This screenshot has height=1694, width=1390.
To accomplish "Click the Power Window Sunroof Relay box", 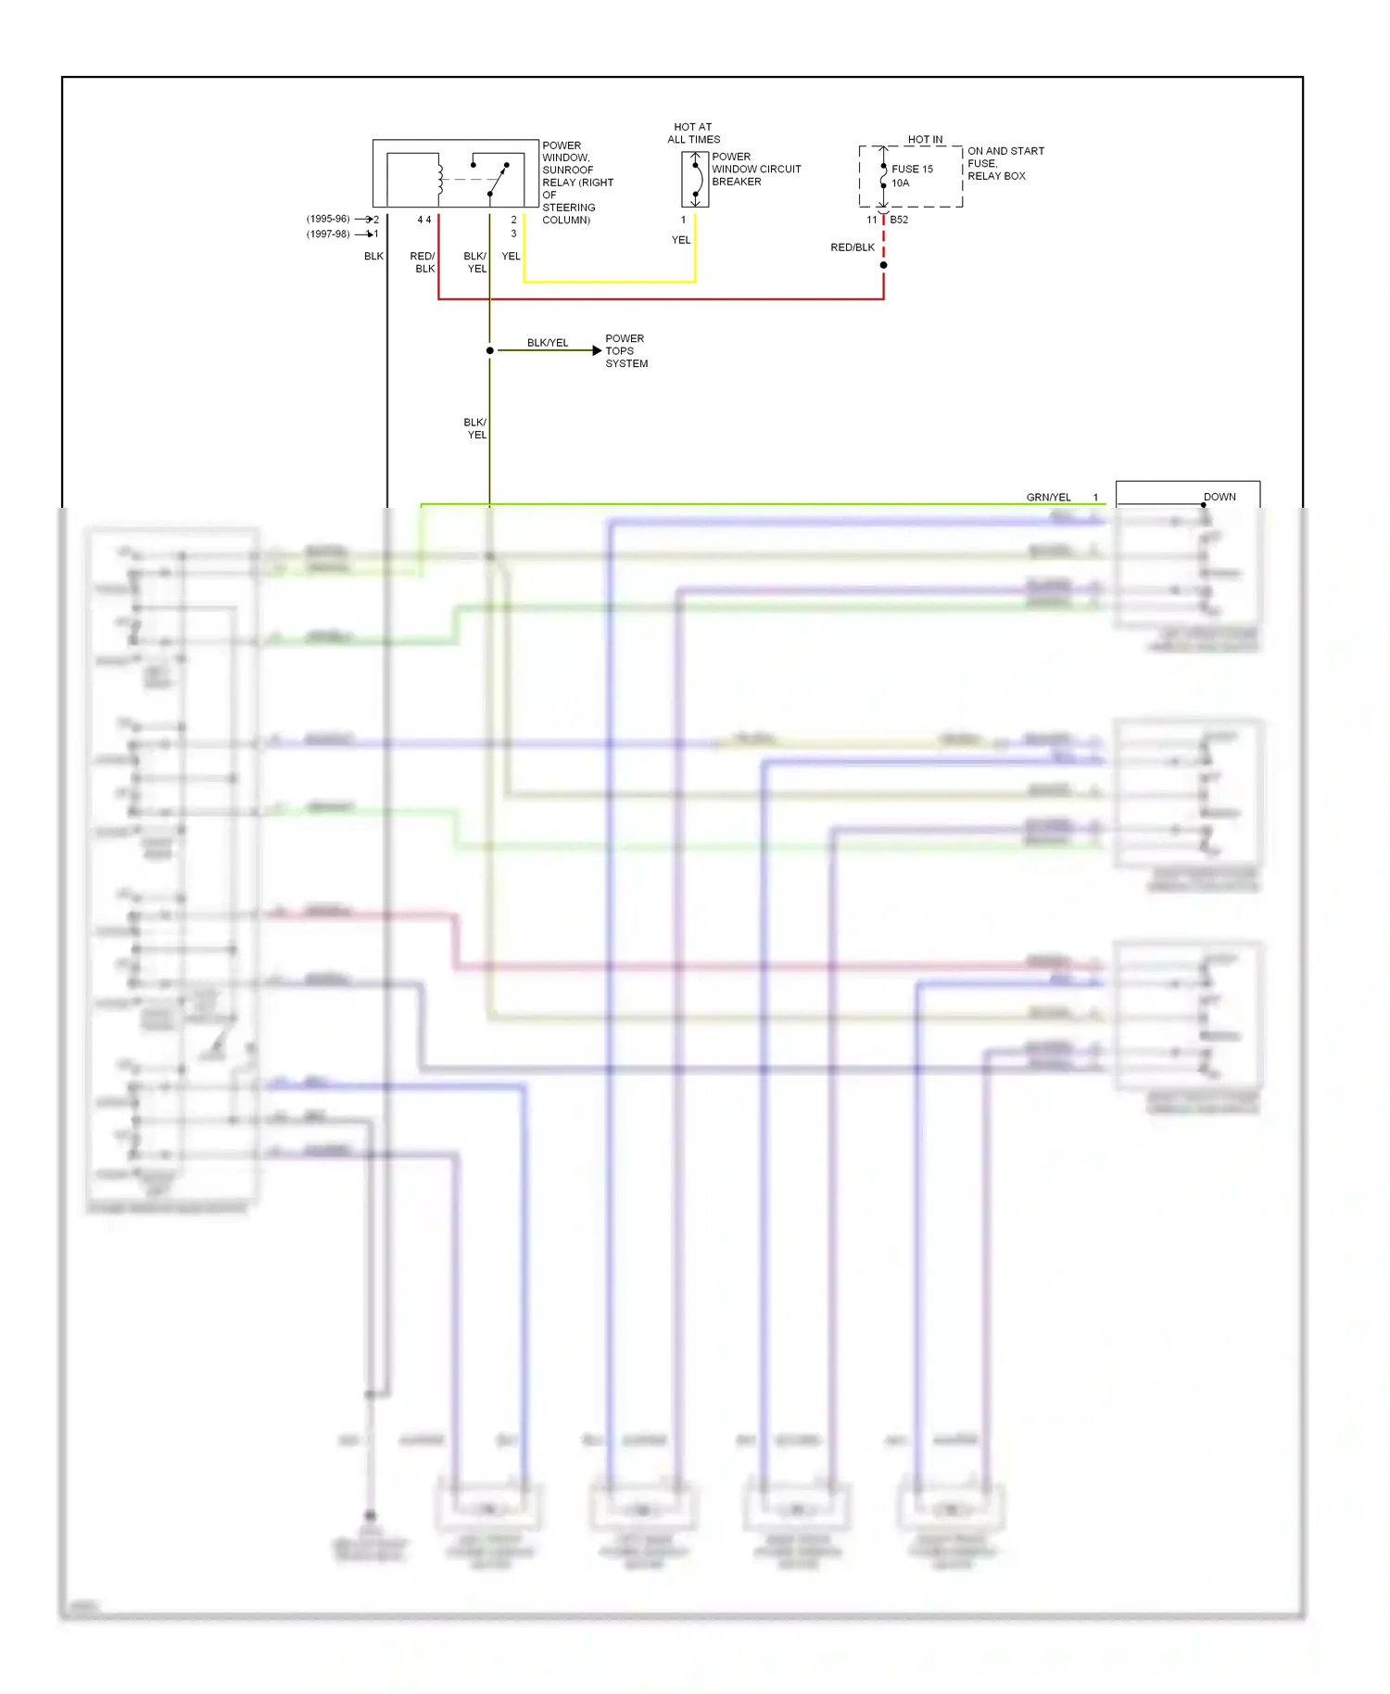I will click(x=455, y=173).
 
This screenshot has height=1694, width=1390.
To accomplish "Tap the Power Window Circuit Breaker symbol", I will click(x=695, y=180).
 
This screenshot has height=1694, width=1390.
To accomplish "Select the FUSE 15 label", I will click(x=912, y=169).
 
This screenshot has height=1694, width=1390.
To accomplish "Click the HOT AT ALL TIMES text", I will click(x=693, y=133).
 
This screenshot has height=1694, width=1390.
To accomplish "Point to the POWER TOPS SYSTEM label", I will click(x=625, y=351).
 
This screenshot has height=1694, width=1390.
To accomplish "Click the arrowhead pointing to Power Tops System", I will click(x=597, y=350).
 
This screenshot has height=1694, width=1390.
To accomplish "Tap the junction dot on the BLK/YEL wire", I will click(x=490, y=350).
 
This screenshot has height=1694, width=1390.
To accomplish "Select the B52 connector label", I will click(x=899, y=220).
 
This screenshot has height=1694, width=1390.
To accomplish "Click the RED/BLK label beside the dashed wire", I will click(x=852, y=247).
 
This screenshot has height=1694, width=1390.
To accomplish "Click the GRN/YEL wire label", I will click(x=1048, y=498).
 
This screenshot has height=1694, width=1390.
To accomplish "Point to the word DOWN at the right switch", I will click(x=1219, y=497).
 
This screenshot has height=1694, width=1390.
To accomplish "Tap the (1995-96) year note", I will click(x=328, y=219).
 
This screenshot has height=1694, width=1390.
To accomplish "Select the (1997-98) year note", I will click(x=328, y=234).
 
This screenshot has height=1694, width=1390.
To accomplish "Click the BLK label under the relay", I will click(x=373, y=256).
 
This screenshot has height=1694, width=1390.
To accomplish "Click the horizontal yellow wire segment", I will click(x=609, y=281).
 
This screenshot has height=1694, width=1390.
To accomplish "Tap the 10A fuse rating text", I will click(x=900, y=183).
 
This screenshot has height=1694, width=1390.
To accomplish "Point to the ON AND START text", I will click(x=1005, y=151).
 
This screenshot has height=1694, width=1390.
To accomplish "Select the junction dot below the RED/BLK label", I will click(x=883, y=265).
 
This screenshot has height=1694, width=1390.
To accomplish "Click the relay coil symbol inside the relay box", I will click(x=440, y=180).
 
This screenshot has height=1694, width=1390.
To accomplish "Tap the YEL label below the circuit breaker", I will click(x=681, y=240).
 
